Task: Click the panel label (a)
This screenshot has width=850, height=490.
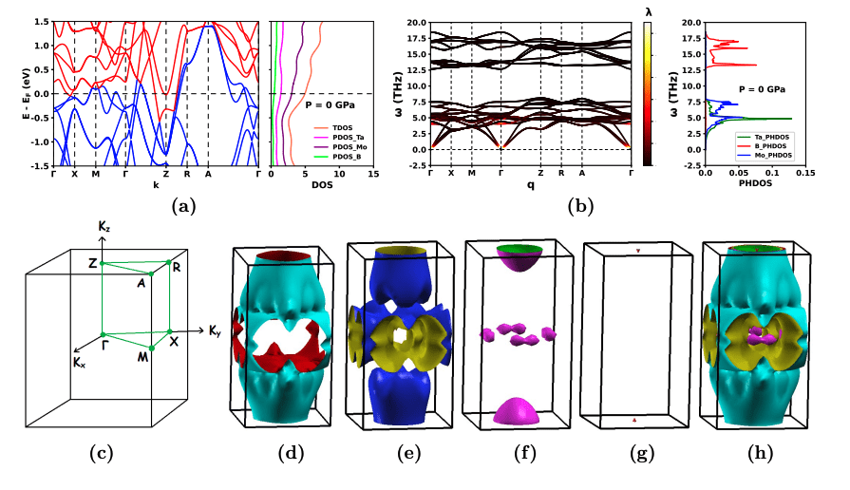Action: (x=183, y=203)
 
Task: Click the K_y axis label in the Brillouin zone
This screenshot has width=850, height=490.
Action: (x=217, y=331)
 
